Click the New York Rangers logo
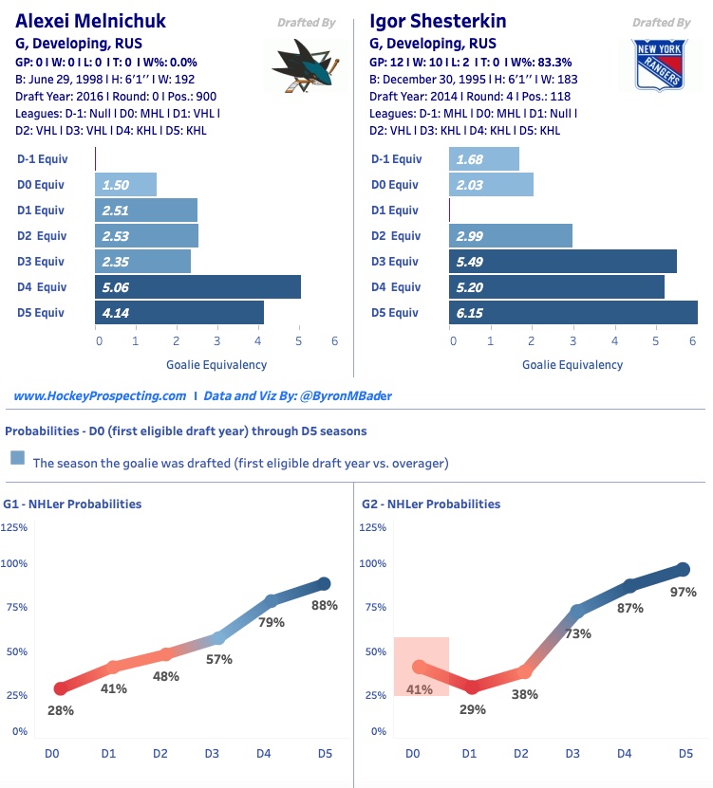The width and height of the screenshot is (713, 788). (660, 65)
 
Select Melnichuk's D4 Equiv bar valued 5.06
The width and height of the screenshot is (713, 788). (197, 287)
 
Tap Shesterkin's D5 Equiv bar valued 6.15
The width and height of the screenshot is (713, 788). (572, 313)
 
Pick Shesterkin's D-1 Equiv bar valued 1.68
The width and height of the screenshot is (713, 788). (484, 159)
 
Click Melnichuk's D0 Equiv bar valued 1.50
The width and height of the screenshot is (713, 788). (125, 185)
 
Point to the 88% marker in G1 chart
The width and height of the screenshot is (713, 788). (324, 584)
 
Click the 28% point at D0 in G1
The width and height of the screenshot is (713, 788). (61, 688)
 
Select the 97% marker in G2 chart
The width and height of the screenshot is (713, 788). (683, 569)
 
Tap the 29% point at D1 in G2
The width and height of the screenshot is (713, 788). (472, 687)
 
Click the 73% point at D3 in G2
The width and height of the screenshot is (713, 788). (577, 612)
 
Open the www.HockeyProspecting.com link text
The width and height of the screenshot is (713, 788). (100, 395)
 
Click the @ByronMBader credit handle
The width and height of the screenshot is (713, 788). (341, 395)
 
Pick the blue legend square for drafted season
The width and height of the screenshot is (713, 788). (17, 458)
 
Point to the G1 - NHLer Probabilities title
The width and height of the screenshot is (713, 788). (72, 504)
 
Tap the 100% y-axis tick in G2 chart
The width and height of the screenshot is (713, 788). (372, 563)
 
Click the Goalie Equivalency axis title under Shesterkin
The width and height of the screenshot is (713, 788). (572, 364)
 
